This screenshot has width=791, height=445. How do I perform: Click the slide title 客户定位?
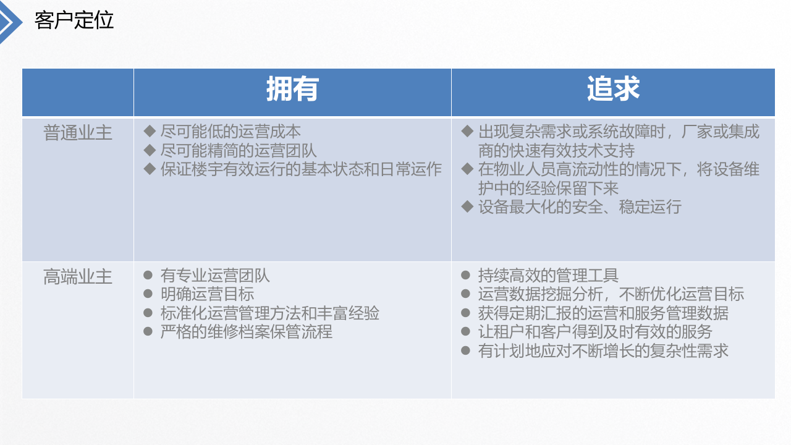[x=74, y=20]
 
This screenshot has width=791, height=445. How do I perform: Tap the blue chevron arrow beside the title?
[x=11, y=22]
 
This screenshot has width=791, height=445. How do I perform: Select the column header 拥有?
[x=292, y=90]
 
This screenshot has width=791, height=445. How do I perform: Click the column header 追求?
[x=613, y=90]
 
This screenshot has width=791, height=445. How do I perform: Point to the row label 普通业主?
[x=78, y=133]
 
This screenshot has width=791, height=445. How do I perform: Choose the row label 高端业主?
[x=78, y=276]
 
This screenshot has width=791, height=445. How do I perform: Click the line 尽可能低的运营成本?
[x=231, y=132]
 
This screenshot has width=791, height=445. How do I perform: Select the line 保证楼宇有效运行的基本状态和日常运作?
[x=301, y=169]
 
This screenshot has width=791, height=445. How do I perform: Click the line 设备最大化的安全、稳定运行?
[x=580, y=206]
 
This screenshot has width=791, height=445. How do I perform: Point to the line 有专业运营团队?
[x=215, y=276]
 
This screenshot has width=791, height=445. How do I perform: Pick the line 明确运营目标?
[x=207, y=294]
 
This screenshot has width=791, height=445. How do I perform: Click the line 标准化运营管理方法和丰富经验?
[x=269, y=313]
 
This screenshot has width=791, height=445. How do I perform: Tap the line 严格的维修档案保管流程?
[x=246, y=332]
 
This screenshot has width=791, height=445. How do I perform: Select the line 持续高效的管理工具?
[x=548, y=276]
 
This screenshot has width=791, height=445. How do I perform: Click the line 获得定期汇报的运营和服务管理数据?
[x=603, y=313]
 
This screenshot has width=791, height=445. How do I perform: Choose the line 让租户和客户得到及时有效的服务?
[x=595, y=332]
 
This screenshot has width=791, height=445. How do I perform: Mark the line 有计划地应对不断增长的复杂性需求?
[x=603, y=351]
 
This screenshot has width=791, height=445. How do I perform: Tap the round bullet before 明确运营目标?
[x=148, y=294]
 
